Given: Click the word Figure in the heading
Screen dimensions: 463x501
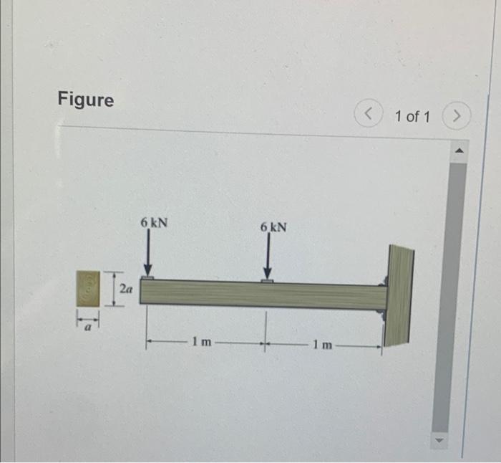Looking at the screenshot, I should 86,100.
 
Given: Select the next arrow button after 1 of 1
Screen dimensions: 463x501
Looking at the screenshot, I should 456,115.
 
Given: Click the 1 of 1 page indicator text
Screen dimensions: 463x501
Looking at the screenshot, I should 412,115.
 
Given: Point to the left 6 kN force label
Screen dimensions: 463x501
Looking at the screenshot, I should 154,223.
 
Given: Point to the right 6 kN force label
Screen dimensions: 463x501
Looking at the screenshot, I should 273,227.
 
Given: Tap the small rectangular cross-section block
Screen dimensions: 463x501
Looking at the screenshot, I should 89,290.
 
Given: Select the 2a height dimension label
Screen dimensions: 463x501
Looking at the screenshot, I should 126,290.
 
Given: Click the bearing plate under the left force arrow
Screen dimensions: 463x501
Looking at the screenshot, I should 148,277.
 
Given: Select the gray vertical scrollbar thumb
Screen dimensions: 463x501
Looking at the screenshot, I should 457,287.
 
